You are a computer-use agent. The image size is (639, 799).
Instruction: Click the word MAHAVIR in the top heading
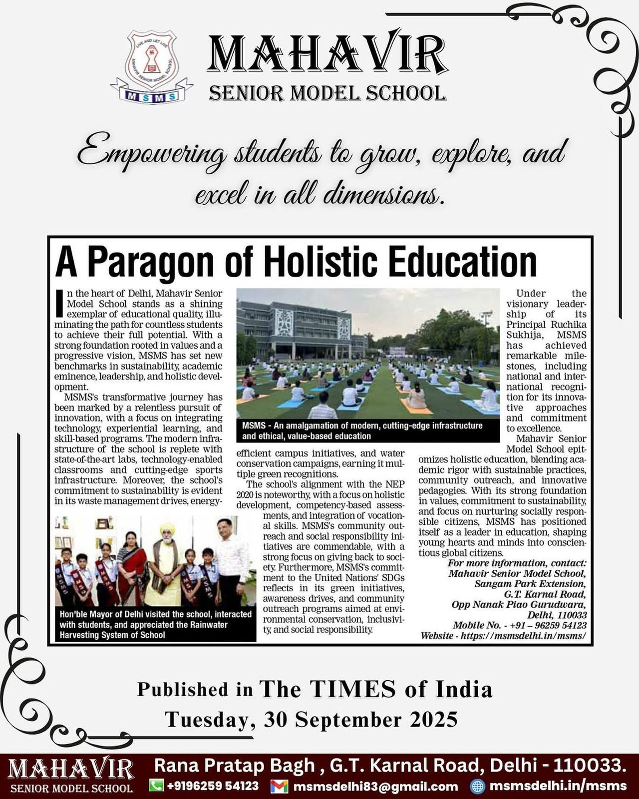327,54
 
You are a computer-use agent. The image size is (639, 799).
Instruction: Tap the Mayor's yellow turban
166,530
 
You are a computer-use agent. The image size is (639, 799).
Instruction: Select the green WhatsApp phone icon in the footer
157,786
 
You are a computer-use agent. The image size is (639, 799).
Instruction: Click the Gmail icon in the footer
279,786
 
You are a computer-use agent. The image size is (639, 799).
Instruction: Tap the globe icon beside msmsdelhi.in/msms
478,786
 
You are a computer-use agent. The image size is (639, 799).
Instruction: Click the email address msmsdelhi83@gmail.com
375,787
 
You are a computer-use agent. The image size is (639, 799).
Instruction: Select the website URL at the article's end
523,636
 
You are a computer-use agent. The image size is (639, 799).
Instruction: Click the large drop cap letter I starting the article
59,304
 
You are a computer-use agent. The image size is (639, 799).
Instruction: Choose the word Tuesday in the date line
206,720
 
